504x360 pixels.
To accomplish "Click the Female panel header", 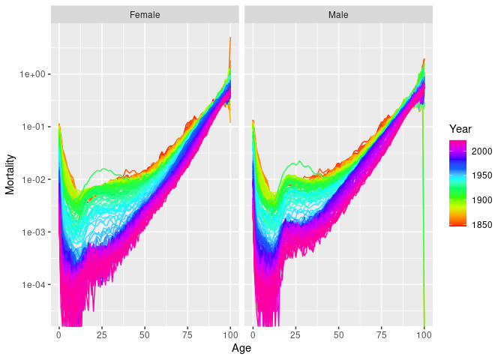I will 145,15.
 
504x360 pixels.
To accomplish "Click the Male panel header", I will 338,15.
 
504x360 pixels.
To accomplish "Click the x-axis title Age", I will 241,348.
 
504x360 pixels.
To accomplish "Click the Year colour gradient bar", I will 458,182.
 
